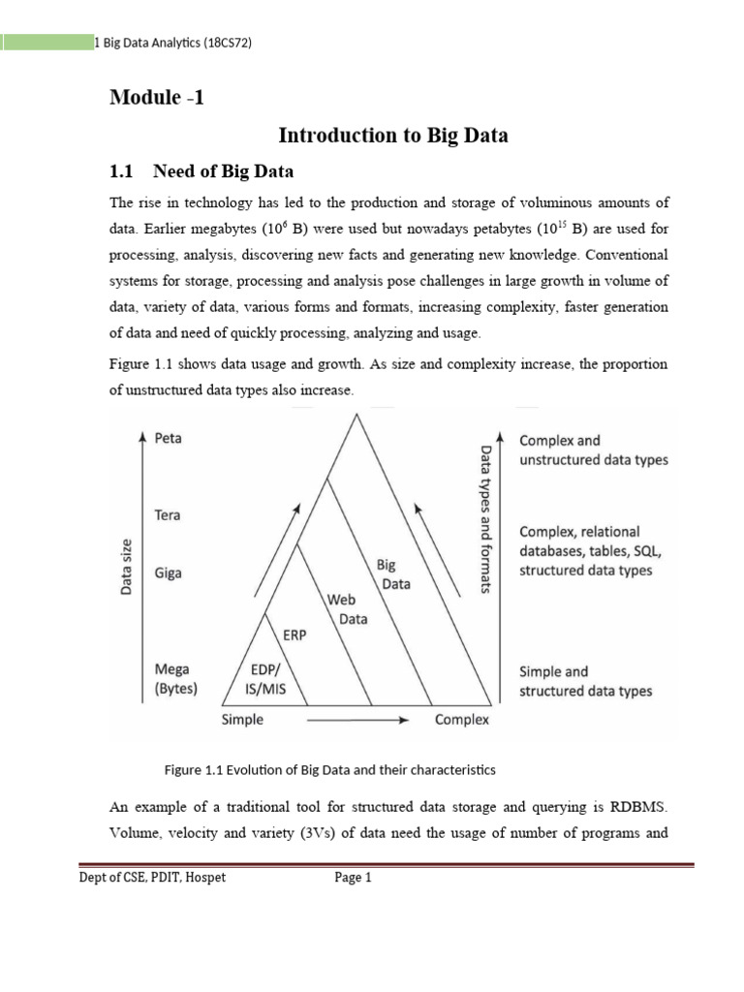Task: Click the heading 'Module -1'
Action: coord(157,98)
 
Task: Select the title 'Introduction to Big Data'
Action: coord(392,136)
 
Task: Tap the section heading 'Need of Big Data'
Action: coord(223,171)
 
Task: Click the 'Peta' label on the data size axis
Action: coord(169,439)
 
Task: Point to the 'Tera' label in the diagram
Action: coord(169,515)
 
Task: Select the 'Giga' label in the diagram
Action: coord(169,573)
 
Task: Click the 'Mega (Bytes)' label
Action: coord(175,679)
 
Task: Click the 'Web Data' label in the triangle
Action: coord(347,609)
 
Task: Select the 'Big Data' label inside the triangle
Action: coord(391,574)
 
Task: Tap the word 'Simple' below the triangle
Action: coord(242,720)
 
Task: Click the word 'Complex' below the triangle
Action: coord(461,720)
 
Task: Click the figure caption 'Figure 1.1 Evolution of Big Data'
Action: coord(329,770)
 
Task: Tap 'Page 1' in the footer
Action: coord(353,878)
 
